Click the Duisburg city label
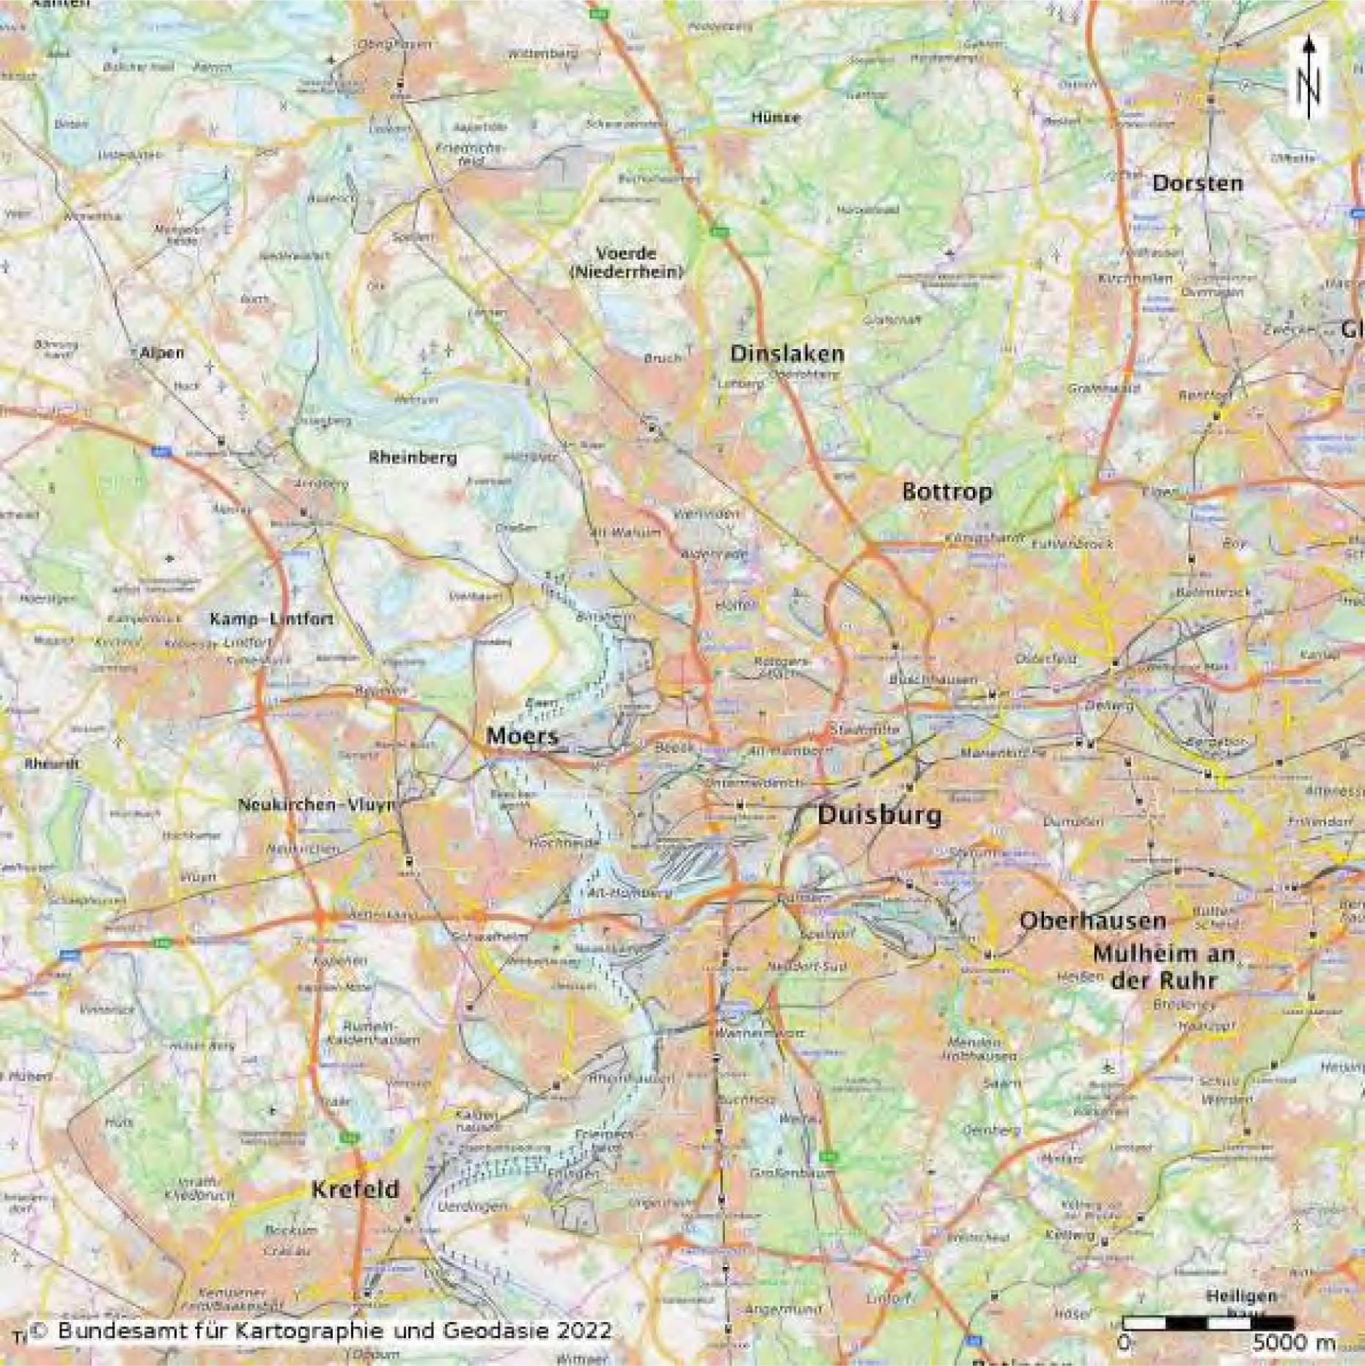[x=879, y=815]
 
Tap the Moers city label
[x=522, y=735]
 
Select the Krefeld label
[x=356, y=1189]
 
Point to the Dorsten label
[x=1197, y=183]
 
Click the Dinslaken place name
[x=787, y=353]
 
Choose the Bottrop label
[x=947, y=491]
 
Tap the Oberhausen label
[x=1092, y=921]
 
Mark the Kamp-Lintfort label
[x=271, y=620]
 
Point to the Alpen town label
[x=162, y=353]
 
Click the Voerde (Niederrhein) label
[x=626, y=262]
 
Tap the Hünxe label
[x=776, y=117]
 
